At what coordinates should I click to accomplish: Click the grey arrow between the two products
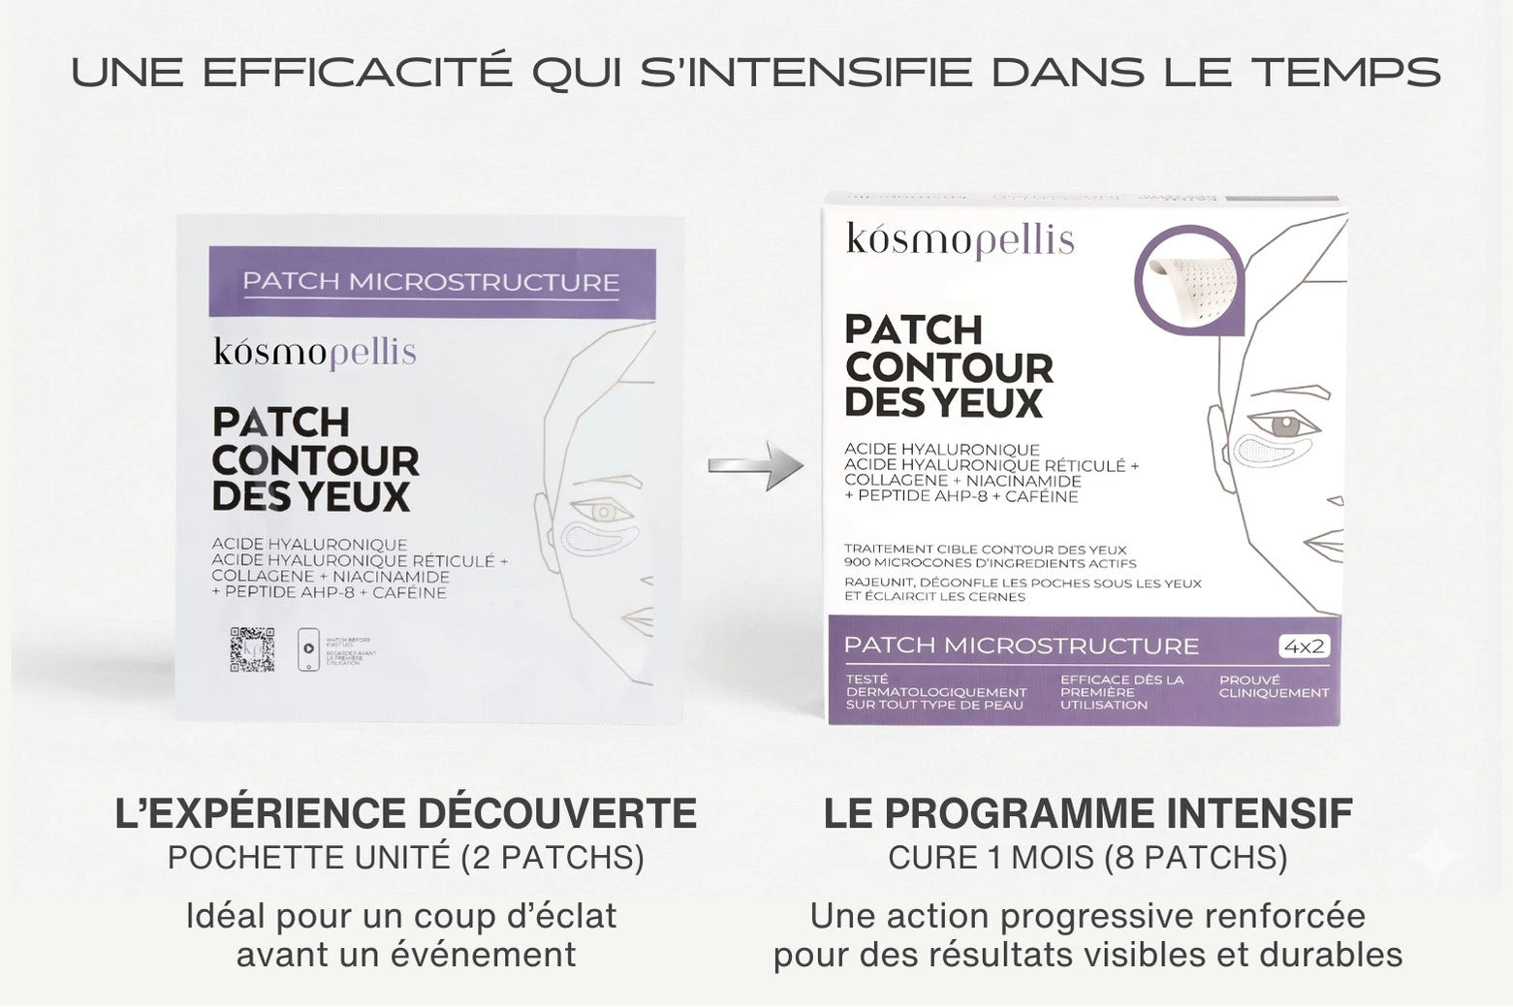pyautogui.click(x=756, y=466)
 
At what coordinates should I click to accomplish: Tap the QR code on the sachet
pyautogui.click(x=251, y=649)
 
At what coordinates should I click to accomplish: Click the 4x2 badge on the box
pyautogui.click(x=1303, y=646)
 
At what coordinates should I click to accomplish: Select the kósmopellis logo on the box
pyautogui.click(x=960, y=239)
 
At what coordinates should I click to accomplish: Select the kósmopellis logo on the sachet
pyautogui.click(x=315, y=352)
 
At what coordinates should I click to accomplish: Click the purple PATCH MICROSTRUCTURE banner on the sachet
pyautogui.click(x=431, y=282)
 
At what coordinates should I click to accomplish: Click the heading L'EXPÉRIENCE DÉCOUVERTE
pyautogui.click(x=405, y=813)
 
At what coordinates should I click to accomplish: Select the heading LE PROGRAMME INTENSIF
pyautogui.click(x=1087, y=813)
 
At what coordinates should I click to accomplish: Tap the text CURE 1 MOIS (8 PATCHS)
pyautogui.click(x=1087, y=858)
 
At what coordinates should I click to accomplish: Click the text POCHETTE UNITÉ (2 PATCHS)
pyautogui.click(x=405, y=858)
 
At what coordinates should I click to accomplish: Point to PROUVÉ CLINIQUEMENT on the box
pyautogui.click(x=1274, y=686)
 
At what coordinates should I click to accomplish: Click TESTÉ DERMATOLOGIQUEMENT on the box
pyautogui.click(x=935, y=692)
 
